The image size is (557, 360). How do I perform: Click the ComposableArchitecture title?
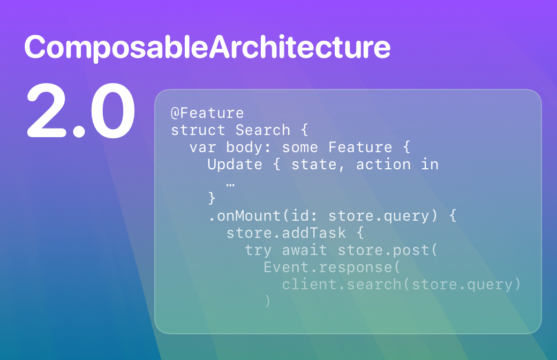click(207, 48)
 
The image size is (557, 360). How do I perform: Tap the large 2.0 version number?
click(81, 110)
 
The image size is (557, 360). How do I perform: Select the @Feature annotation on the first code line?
click(207, 114)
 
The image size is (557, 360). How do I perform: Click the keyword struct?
click(198, 130)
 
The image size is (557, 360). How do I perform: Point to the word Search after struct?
click(262, 130)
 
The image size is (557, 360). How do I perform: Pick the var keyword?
click(202, 147)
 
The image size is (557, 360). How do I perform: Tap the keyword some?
click(300, 147)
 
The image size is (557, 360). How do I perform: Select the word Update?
click(235, 164)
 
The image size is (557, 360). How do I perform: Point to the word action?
click(383, 164)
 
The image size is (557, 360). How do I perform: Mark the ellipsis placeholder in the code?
click(230, 184)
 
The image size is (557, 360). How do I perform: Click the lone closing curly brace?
click(212, 198)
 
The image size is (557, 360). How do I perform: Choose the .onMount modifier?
click(245, 216)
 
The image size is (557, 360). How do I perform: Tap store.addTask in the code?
click(286, 233)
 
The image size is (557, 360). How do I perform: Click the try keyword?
click(258, 251)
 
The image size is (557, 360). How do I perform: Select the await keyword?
click(304, 250)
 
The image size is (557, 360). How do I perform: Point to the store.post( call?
click(387, 250)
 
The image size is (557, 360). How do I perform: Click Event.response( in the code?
click(332, 267)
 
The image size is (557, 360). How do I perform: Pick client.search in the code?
click(341, 284)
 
